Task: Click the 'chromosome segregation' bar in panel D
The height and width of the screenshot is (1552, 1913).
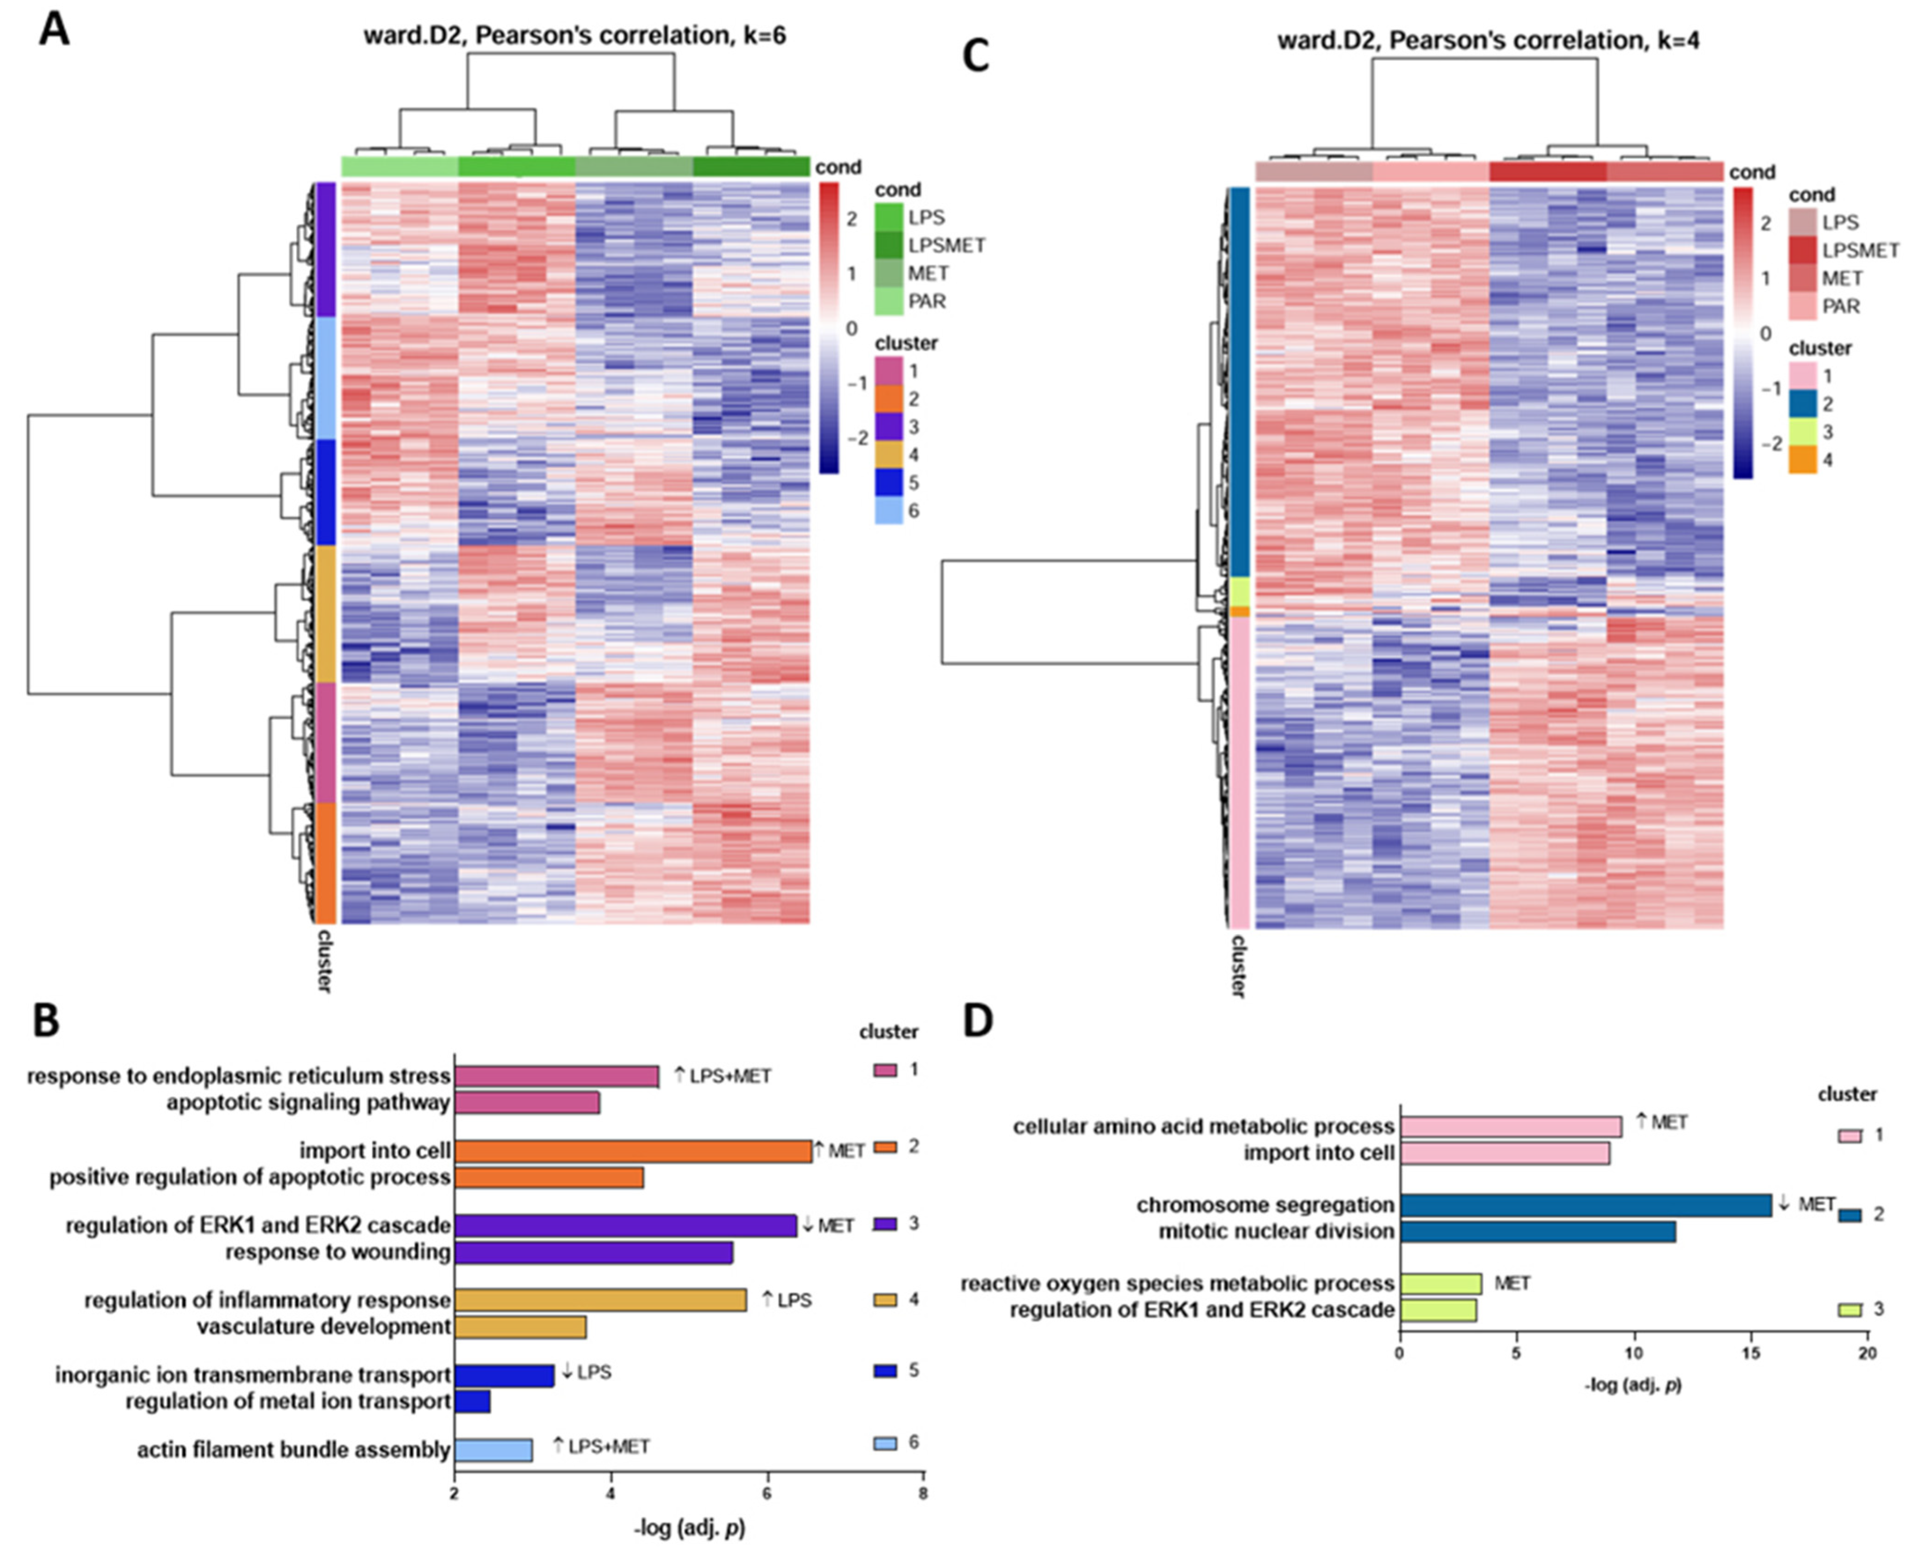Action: [1585, 1205]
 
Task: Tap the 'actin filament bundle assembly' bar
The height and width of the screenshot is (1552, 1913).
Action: [493, 1449]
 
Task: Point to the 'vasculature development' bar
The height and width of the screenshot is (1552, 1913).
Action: [520, 1327]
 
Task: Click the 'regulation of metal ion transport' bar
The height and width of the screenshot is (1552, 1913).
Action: [472, 1401]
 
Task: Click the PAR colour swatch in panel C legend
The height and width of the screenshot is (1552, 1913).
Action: [1801, 307]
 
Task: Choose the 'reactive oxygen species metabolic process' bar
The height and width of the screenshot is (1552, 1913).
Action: [1440, 1284]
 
